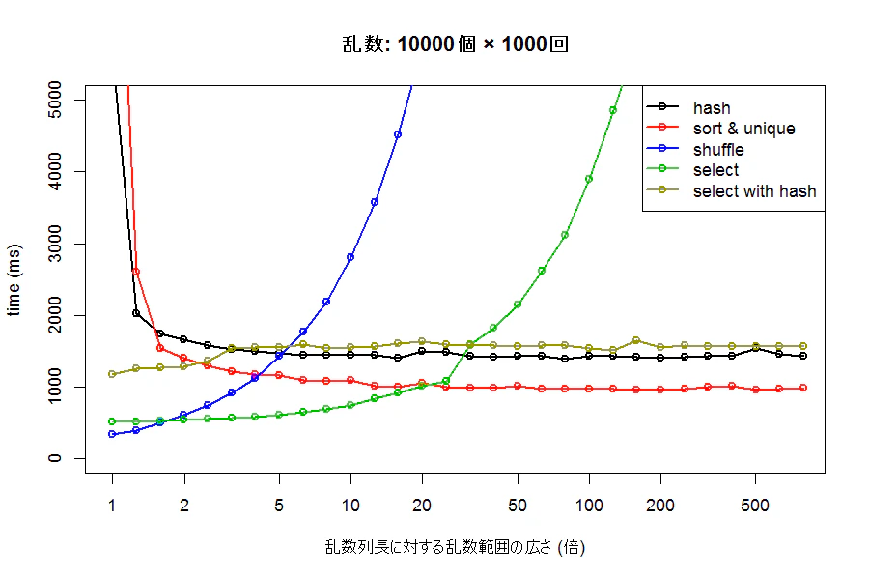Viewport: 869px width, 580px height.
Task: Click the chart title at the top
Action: [455, 43]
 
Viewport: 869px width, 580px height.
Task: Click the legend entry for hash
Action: [688, 107]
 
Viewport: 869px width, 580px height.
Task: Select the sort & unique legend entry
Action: [721, 129]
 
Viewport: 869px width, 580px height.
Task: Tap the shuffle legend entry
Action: [695, 149]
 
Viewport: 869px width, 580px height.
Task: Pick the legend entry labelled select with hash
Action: [732, 191]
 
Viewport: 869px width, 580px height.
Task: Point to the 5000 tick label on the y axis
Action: [55, 100]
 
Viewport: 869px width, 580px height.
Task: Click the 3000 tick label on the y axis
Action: [55, 244]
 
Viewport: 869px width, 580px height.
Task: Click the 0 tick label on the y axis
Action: [55, 458]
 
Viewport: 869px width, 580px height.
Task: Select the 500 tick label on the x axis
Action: [755, 506]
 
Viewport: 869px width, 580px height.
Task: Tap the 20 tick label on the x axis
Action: [422, 506]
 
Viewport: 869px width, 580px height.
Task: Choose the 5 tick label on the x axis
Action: [279, 506]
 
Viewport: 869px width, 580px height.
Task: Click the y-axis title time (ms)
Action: [14, 279]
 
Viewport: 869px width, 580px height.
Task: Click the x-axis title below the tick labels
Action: [455, 547]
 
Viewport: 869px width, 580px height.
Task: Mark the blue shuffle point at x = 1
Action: [113, 434]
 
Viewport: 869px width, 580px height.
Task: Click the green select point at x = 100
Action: [589, 179]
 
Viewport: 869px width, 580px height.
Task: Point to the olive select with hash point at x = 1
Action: [113, 374]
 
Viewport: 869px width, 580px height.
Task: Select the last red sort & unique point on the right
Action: [803, 388]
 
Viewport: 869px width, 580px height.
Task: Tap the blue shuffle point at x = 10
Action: [350, 257]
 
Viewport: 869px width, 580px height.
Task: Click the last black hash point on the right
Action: [803, 356]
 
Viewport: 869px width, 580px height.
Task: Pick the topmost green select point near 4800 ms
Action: [613, 110]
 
